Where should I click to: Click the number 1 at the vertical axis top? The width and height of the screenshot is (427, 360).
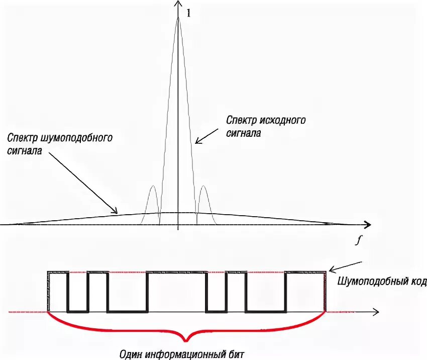[188, 14]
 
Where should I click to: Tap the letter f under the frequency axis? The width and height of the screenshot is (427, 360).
[358, 240]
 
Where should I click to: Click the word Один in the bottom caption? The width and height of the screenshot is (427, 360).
[133, 353]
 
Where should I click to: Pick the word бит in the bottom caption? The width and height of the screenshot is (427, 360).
[236, 353]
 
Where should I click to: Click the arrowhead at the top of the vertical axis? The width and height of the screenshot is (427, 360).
[178, 4]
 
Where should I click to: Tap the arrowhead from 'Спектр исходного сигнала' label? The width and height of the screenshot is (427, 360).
[197, 142]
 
